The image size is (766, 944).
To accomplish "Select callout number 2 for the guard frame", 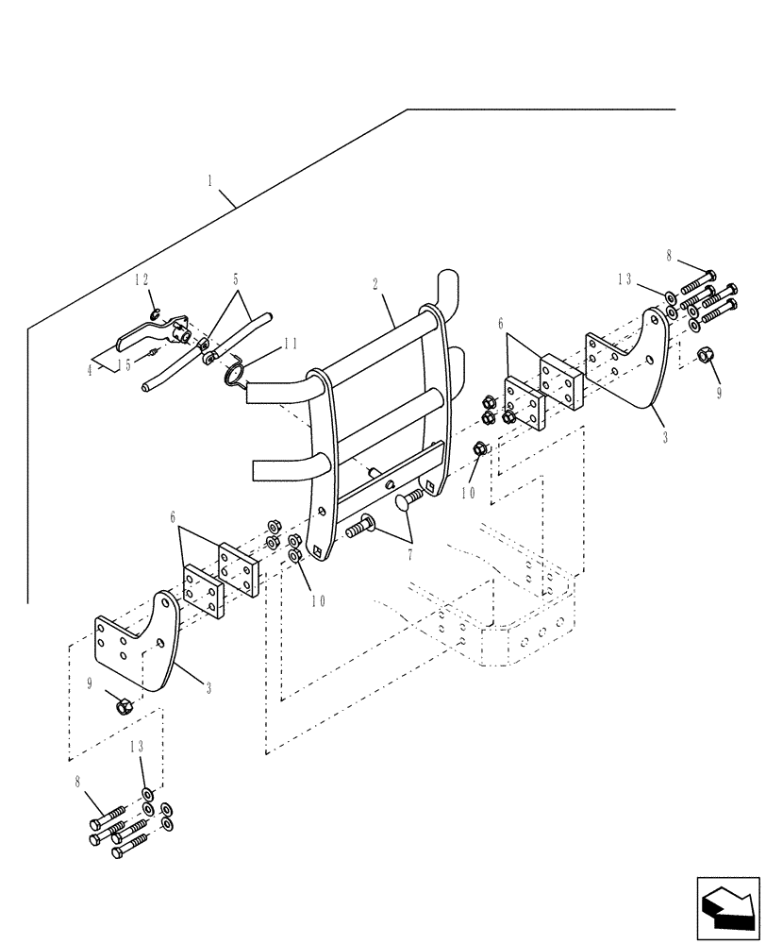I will tap(375, 283).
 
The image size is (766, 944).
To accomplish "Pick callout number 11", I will tap(291, 345).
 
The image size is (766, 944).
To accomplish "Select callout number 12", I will tap(142, 279).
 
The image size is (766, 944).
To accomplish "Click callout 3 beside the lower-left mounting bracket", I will tap(208, 688).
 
